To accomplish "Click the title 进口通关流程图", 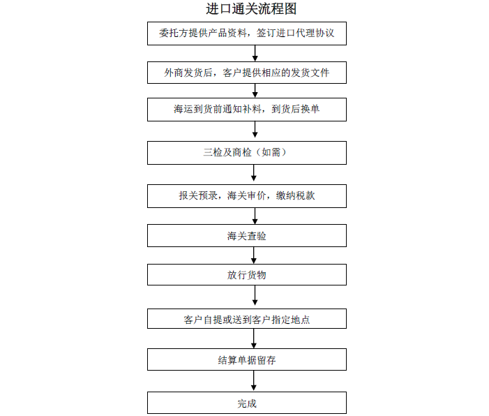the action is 251,9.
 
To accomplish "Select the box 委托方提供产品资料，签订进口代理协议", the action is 247,34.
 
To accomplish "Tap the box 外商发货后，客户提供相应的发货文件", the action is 247,73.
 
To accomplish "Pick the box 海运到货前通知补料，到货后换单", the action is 247,110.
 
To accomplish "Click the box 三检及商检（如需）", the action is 247,153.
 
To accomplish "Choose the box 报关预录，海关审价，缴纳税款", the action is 247,196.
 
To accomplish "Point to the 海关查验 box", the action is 247,236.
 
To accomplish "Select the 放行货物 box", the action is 247,274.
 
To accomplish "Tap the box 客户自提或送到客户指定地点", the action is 247,319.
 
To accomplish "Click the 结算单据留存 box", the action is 247,359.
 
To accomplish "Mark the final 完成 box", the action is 247,403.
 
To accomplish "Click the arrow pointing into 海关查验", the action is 255,216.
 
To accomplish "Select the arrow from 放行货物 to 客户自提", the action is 255,295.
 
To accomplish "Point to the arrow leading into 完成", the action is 253,380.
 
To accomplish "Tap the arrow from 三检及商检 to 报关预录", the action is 253,173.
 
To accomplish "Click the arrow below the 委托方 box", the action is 255,53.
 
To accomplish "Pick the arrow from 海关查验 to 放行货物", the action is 253,255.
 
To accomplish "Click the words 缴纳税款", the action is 295,195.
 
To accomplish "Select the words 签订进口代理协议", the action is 295,33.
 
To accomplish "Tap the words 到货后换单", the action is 295,109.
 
